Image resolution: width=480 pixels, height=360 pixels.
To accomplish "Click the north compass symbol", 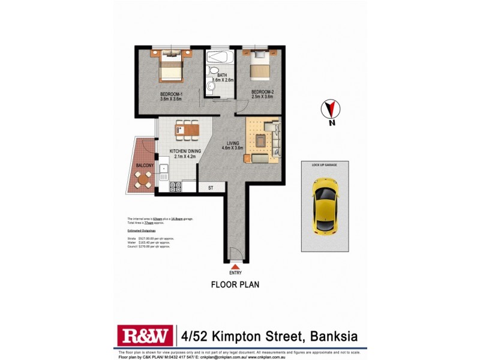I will pos(329,110).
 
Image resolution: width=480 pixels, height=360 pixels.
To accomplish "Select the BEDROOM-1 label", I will pos(171,95).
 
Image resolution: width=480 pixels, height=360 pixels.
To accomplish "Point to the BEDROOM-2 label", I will pos(262,92).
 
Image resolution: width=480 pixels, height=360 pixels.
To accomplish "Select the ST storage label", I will pos(211,188).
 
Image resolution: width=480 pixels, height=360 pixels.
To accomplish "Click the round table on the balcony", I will pos(143,178).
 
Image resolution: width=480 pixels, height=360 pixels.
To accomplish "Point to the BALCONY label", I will pos(145,165).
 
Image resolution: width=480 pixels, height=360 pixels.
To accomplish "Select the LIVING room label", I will pos(232,143).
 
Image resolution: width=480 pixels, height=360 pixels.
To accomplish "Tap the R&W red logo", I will pos(145,335).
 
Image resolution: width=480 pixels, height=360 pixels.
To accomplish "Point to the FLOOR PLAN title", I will pos(235,284).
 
